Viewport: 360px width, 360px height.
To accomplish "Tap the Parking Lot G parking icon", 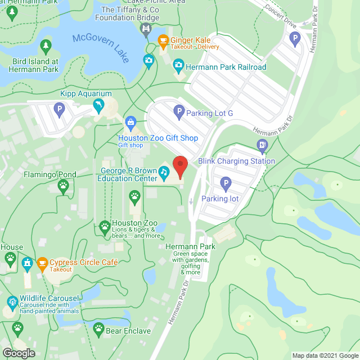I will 178,111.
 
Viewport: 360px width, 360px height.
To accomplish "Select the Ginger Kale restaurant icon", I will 163,40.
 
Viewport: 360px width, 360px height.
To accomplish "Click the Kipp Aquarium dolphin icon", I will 99,105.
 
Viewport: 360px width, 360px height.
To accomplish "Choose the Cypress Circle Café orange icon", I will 42,263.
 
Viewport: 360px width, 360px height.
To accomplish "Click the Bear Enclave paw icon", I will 98,328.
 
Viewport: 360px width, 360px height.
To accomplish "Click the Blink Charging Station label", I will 236,161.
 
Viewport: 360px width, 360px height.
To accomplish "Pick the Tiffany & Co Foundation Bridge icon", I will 146,28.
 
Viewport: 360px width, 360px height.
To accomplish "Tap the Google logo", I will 18,353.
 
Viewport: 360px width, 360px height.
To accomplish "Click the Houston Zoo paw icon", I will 105,227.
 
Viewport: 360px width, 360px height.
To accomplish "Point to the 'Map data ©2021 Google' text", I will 325,355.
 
